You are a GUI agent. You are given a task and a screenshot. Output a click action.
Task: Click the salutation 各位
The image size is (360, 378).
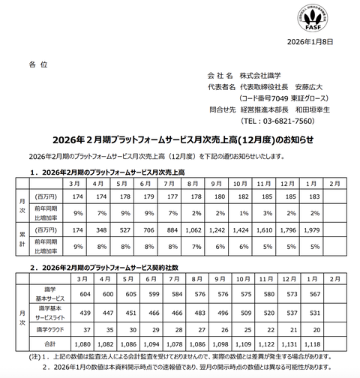click(38, 65)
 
